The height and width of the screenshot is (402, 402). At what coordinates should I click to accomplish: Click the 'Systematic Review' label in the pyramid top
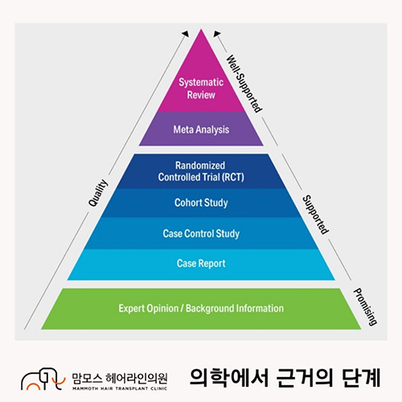tap(201, 88)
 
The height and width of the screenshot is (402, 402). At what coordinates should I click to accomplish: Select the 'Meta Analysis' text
tap(201, 129)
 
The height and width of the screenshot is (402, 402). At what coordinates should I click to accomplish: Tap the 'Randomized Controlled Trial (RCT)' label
tap(201, 171)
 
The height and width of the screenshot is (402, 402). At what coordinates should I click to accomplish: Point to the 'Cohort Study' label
tap(201, 203)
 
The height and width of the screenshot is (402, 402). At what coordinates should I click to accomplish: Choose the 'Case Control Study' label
tap(201, 234)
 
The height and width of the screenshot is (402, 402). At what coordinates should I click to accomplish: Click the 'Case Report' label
tap(201, 264)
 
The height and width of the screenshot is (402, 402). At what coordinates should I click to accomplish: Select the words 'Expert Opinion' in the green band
tap(149, 309)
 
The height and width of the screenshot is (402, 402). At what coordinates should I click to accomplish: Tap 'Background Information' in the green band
tap(235, 309)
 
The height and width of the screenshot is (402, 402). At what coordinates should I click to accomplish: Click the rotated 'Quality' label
tap(98, 193)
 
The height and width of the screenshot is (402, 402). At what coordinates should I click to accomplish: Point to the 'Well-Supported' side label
tap(244, 84)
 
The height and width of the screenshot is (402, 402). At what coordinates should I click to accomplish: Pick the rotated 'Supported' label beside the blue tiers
tap(315, 215)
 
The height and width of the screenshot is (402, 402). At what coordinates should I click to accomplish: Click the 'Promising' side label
tap(366, 306)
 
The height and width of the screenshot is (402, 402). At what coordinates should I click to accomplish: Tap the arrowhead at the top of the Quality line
tap(186, 34)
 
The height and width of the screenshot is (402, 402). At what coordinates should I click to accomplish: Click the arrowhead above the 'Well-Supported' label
tap(216, 34)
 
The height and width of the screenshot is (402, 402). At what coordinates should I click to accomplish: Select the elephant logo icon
tap(43, 379)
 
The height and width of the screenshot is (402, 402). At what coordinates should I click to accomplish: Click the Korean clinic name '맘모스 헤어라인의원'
tap(120, 378)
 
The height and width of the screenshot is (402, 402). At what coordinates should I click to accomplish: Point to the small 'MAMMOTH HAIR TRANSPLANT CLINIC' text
tap(120, 388)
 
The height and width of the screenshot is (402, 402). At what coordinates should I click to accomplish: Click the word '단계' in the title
tap(361, 377)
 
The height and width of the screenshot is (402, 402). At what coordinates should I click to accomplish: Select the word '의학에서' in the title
tap(229, 377)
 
